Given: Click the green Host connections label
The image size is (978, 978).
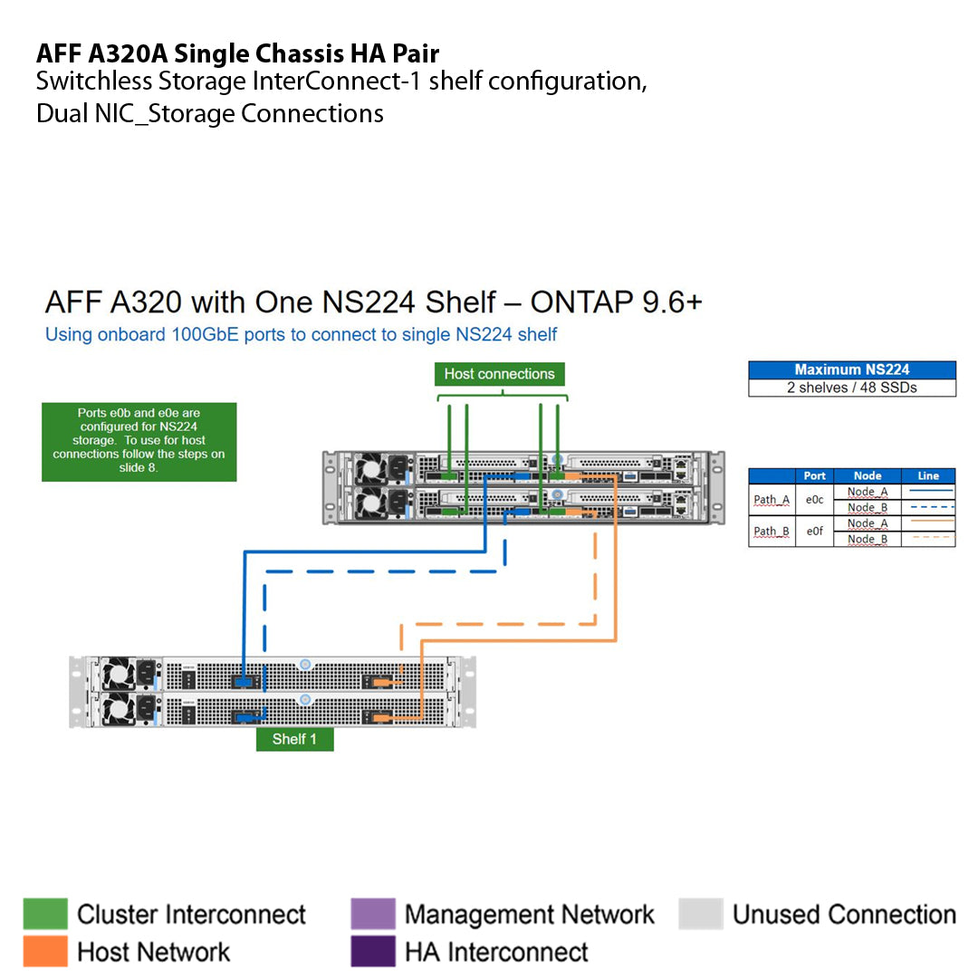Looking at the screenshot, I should (x=499, y=374).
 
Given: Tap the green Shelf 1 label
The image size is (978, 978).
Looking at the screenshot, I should (x=294, y=739).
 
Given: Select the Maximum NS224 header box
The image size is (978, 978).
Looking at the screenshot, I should (x=851, y=369).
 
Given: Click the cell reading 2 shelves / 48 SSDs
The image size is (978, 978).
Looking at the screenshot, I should (x=851, y=388).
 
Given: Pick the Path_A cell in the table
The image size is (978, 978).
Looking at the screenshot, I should (x=772, y=500).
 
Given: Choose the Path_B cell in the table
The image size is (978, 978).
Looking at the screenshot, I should (x=772, y=532).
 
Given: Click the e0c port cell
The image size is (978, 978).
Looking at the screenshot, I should (x=814, y=500).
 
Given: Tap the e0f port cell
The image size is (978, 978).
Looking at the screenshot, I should (x=814, y=532).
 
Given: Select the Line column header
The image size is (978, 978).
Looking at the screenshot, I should (x=928, y=475).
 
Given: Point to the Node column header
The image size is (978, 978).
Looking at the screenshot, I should (x=867, y=475).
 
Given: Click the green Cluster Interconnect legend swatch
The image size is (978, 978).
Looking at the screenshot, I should (x=45, y=915).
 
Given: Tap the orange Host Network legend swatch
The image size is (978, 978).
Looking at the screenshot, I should (x=45, y=952).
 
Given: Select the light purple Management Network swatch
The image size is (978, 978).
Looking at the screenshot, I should (x=373, y=915).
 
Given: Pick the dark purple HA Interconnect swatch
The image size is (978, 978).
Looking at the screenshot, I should (x=373, y=952).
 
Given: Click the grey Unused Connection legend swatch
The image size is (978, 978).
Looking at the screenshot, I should (x=701, y=915).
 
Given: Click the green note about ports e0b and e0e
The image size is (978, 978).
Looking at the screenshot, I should (x=139, y=442).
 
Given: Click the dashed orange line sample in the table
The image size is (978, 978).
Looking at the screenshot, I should (x=928, y=539).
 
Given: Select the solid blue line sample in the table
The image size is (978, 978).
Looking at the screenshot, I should (x=928, y=492).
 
